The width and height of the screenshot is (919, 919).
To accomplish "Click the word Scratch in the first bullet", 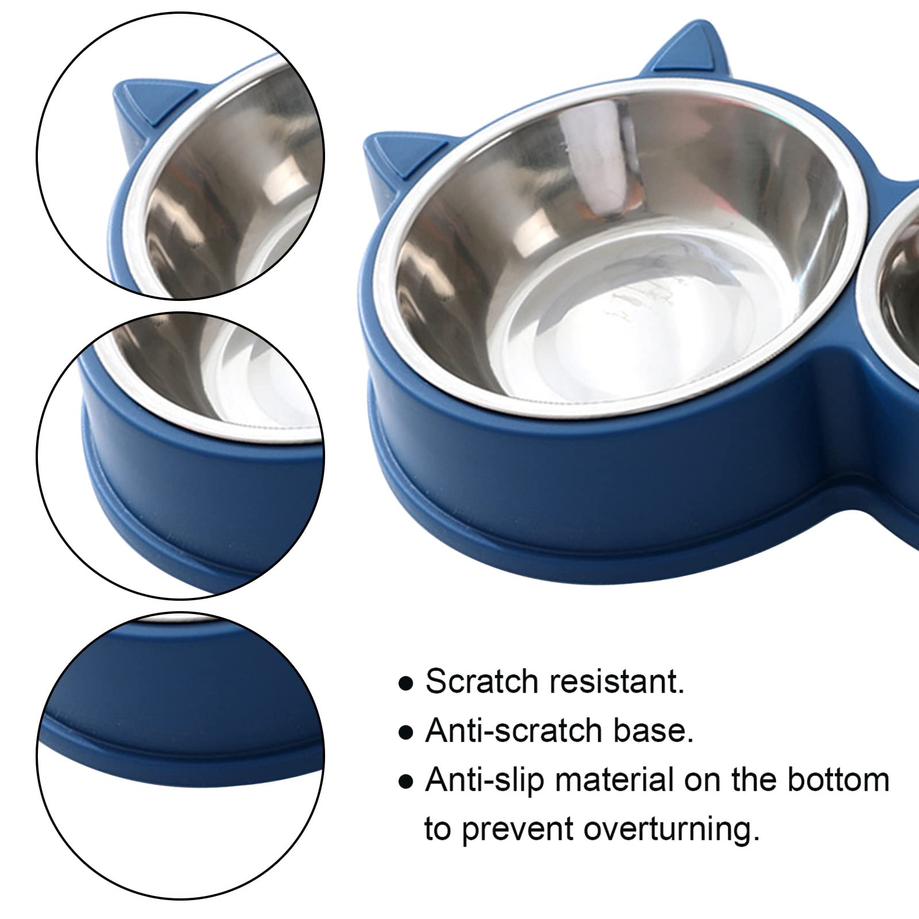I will [481, 682].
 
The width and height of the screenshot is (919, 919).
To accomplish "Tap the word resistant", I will [616, 682].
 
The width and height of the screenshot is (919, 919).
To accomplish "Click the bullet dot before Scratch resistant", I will [406, 684].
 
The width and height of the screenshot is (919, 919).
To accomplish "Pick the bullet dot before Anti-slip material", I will [406, 782].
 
